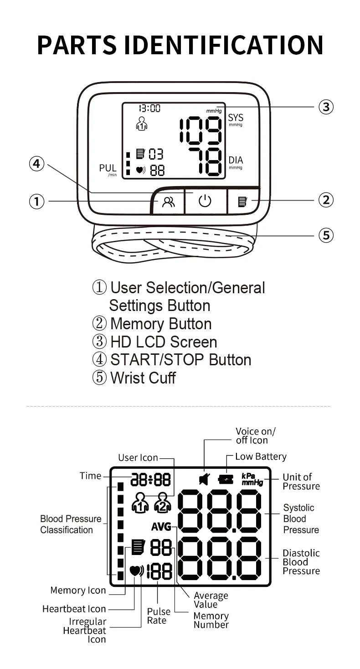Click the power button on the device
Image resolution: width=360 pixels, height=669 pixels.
[x=205, y=201]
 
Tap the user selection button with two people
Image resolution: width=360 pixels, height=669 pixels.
[x=168, y=201]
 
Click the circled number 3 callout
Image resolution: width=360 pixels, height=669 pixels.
[x=325, y=107]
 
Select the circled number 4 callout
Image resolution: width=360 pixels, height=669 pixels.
[x=36, y=164]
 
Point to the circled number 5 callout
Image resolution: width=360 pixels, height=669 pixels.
[x=325, y=236]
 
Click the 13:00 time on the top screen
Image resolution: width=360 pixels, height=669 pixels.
[x=149, y=108]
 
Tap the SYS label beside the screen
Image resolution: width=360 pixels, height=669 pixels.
[x=236, y=118]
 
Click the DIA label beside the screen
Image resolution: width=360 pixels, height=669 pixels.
[x=236, y=161]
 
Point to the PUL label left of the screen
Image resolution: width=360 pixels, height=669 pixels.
[x=108, y=168]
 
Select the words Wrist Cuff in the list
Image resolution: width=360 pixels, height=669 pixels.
[x=143, y=378]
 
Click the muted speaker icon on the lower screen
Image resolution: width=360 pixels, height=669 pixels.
[x=204, y=479]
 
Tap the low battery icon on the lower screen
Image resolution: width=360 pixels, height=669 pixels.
[x=225, y=479]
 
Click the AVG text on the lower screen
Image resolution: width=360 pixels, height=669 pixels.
[x=161, y=527]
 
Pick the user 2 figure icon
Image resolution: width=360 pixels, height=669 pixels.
[x=162, y=503]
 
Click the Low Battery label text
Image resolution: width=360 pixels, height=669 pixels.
[x=261, y=456]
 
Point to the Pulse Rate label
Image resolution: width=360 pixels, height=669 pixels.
[x=159, y=616]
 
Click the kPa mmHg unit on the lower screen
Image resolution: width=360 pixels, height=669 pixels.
[x=252, y=479]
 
